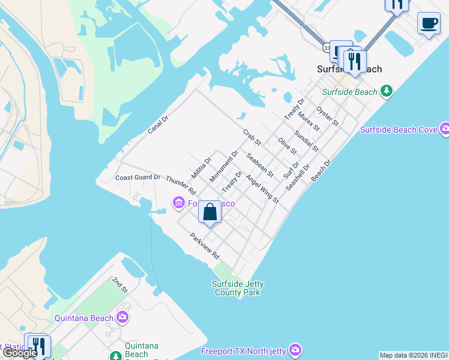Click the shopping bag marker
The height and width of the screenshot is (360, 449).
[x=209, y=212]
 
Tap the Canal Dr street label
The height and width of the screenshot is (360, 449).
[x=158, y=125]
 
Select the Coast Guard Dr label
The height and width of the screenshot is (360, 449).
[x=138, y=177]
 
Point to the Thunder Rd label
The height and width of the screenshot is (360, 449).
[x=181, y=185]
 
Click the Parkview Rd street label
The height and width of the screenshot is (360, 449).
[x=205, y=245]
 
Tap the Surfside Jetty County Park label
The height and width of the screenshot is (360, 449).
[x=237, y=288]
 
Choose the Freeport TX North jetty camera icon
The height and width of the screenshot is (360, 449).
[x=294, y=349]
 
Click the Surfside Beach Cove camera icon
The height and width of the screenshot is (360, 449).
[x=445, y=129]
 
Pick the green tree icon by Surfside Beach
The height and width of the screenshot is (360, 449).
[x=387, y=91]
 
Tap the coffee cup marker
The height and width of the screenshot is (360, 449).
[x=428, y=23]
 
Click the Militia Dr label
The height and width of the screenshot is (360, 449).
[x=201, y=167]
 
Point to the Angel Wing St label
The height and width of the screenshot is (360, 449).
[x=262, y=188]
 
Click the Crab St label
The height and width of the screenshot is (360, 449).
[x=252, y=137]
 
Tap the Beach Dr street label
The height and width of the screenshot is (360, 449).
[x=321, y=171]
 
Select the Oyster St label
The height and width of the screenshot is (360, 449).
[x=328, y=116]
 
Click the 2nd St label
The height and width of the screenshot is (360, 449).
[x=120, y=285]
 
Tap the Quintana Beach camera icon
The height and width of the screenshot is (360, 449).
[x=122, y=317]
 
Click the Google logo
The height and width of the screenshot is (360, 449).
[x=20, y=353]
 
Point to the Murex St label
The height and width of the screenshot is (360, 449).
[x=309, y=121]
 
